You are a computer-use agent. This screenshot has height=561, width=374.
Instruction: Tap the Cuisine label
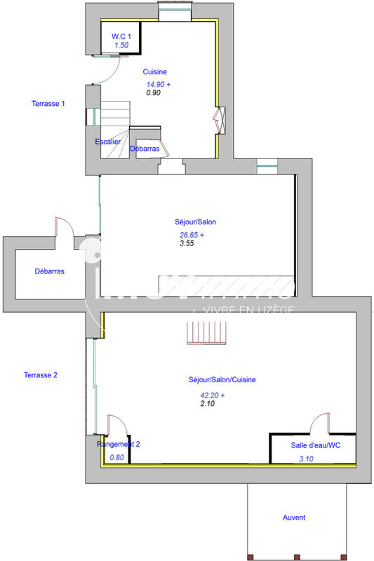tap(155, 72)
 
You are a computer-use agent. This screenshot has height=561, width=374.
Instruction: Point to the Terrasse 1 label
tap(48, 104)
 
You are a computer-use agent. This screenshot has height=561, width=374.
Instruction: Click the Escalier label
tap(108, 142)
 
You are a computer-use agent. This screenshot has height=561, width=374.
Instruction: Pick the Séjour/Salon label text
tap(196, 222)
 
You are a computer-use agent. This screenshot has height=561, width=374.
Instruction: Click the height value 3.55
tap(186, 243)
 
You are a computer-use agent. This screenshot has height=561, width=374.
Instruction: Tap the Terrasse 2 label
tap(40, 375)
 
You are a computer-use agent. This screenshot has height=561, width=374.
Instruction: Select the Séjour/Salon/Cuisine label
tap(222, 379)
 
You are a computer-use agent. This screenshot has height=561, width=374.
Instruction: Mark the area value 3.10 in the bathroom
tap(307, 459)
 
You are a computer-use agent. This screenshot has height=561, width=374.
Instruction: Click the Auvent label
tap(294, 518)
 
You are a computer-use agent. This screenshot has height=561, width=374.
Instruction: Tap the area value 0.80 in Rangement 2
tap(116, 458)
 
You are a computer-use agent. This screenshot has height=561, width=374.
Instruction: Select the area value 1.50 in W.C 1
tap(121, 46)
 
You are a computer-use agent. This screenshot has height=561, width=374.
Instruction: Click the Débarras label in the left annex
tap(50, 271)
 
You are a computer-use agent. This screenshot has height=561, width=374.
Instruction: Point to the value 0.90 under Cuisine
tap(154, 92)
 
